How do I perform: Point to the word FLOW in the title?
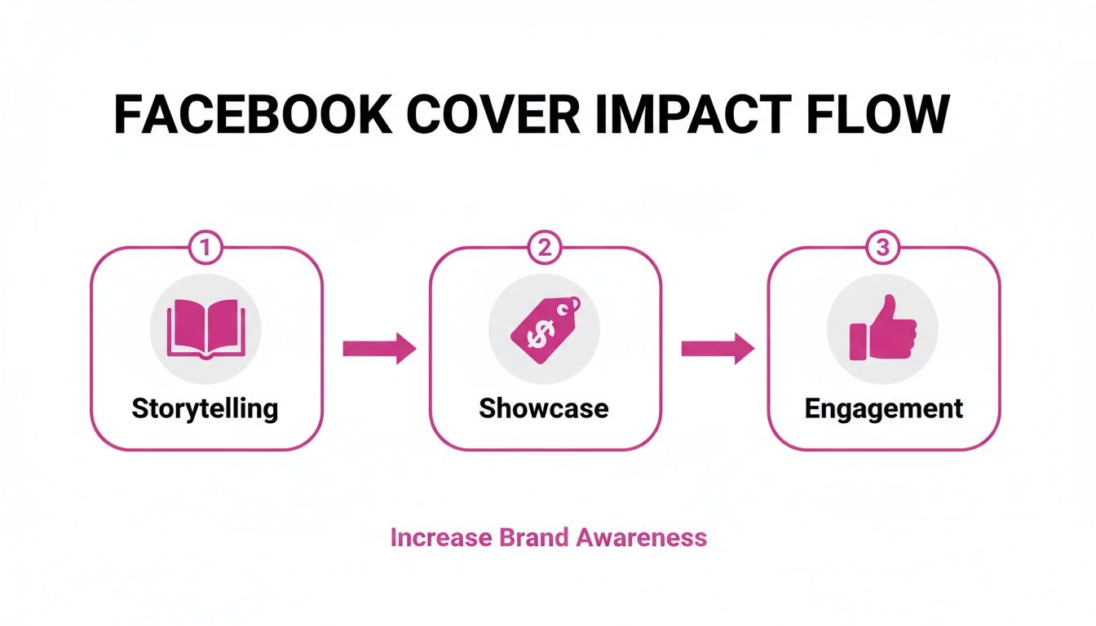(877, 115)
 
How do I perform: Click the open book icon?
(205, 330)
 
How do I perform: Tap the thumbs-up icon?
(883, 329)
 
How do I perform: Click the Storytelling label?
(205, 408)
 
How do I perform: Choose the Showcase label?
(544, 408)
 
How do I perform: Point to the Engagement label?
(884, 408)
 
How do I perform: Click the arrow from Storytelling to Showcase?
(379, 349)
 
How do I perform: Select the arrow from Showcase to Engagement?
(718, 349)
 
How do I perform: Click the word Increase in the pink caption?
(441, 538)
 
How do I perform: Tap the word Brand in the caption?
(535, 538)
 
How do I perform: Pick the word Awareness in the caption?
(643, 538)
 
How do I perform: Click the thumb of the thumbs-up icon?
(887, 311)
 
